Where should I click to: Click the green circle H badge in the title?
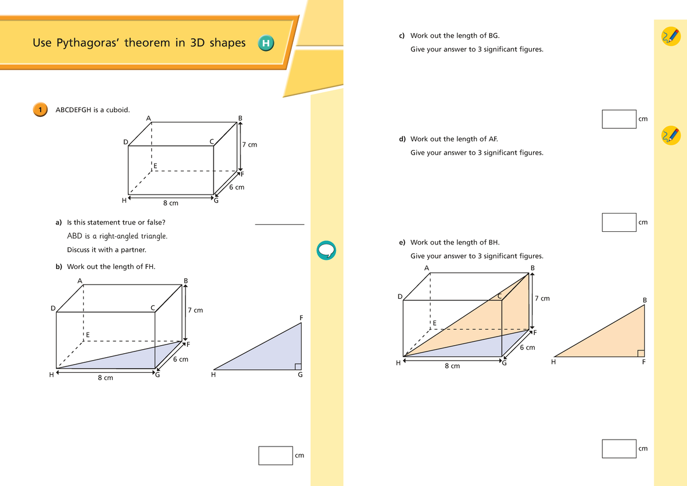tap(266, 43)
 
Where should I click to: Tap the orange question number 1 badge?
tap(39, 109)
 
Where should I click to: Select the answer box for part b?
tap(275, 455)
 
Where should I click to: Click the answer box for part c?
tap(619, 119)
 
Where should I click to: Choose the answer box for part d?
tap(619, 222)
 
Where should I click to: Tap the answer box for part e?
tap(619, 448)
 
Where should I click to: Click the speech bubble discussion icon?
tap(325, 250)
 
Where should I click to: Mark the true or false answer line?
tap(279, 224)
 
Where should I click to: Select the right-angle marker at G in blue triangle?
tap(298, 366)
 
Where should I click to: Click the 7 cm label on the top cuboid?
tap(250, 145)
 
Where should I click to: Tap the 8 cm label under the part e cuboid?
tap(452, 366)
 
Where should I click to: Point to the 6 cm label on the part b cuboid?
tap(180, 359)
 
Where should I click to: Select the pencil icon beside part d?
tap(670, 135)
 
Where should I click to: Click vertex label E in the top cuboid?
tap(155, 166)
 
